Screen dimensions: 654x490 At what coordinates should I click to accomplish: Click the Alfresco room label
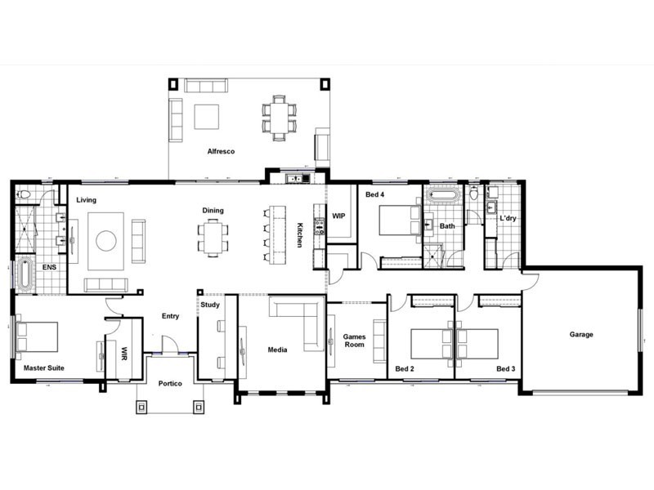tap(221, 151)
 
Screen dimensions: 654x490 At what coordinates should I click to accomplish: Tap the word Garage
tap(581, 334)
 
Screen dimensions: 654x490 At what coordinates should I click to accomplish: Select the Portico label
tap(170, 383)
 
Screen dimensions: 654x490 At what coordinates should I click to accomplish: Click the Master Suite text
tap(44, 368)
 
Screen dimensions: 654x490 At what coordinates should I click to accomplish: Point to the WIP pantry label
tap(338, 216)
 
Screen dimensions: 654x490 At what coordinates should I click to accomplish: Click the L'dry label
tap(508, 218)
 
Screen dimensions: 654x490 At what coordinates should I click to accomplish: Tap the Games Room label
tap(354, 341)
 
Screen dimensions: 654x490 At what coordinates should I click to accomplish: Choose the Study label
tap(210, 305)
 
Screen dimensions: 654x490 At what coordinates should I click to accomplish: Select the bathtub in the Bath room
tap(444, 195)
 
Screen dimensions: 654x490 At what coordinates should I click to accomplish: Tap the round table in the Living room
tap(106, 241)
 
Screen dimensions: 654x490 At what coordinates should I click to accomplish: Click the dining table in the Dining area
tap(213, 238)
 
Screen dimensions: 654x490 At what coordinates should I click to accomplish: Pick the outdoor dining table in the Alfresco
tap(280, 118)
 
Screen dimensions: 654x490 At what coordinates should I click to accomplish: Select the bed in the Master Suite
tap(37, 336)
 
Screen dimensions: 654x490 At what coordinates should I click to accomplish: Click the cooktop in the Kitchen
tap(320, 226)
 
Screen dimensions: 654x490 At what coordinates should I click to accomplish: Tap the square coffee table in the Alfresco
tap(207, 117)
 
